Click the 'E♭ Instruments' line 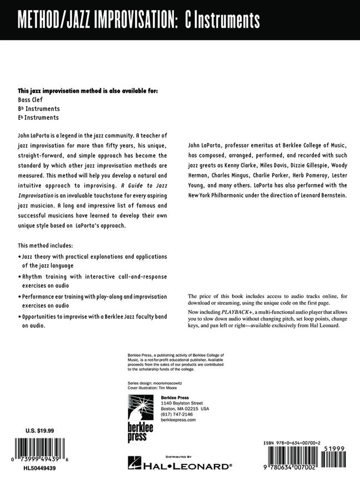tap(38, 117)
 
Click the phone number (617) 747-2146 tap(176, 414)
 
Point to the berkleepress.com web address tap(179, 421)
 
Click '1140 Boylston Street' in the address tap(182, 403)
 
